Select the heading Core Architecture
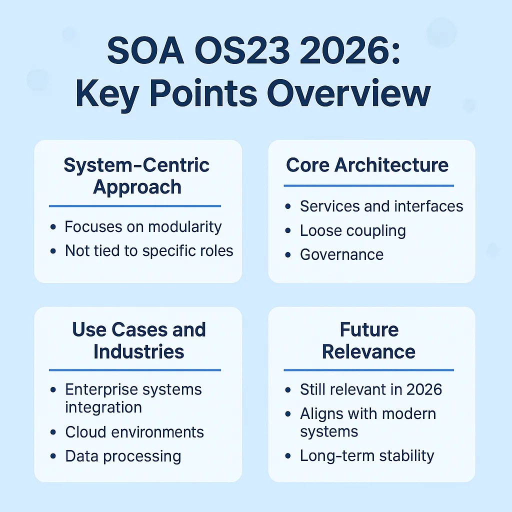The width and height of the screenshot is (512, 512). [x=367, y=165]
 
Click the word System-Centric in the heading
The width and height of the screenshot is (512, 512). [x=136, y=165]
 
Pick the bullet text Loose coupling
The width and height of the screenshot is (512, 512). [x=352, y=230]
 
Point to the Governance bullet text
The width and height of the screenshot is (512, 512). [x=341, y=254]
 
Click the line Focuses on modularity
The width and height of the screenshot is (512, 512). [x=143, y=227]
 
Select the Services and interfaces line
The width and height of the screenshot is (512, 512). [x=381, y=206]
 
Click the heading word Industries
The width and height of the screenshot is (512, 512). [x=138, y=351]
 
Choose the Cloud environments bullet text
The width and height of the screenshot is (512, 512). [x=134, y=432]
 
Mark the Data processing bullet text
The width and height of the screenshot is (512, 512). [x=123, y=456]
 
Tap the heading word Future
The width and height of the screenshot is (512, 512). [x=369, y=330]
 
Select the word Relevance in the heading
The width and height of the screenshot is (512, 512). [x=369, y=351]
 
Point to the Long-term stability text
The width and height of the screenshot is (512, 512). [x=367, y=456]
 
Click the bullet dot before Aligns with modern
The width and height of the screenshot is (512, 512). [x=288, y=414]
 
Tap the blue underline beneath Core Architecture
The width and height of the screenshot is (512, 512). [x=369, y=186]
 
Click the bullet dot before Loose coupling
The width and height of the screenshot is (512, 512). [x=288, y=231]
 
